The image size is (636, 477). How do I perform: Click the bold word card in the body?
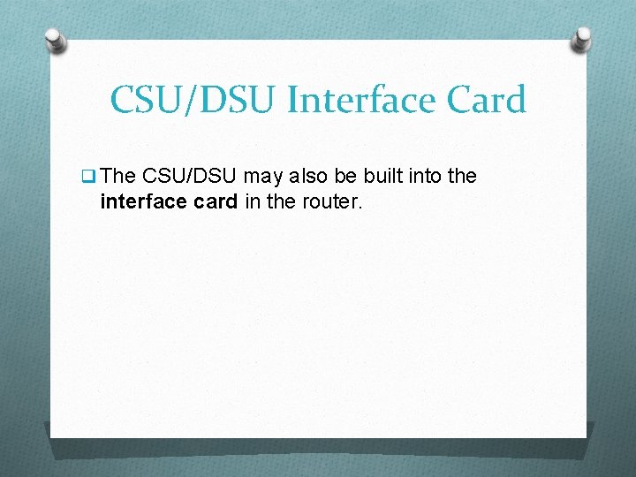pyautogui.click(x=213, y=202)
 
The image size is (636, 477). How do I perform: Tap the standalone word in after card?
pyautogui.click(x=252, y=202)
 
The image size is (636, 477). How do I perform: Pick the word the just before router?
pyautogui.click(x=281, y=202)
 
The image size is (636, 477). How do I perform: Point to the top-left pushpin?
pyautogui.click(x=55, y=39)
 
